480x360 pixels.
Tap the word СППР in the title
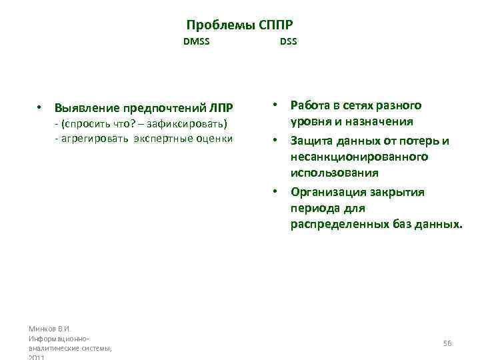tap(274, 25)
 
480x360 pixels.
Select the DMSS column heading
tap(197, 43)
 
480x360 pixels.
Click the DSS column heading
tap(289, 43)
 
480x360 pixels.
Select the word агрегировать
tap(95, 138)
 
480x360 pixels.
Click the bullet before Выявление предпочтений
tap(40, 107)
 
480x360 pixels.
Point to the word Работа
tap(310, 105)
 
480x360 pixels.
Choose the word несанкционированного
tap(359, 157)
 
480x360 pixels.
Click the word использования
tap(334, 173)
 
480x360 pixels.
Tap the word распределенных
tap(339, 225)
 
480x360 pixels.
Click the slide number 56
tap(447, 343)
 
